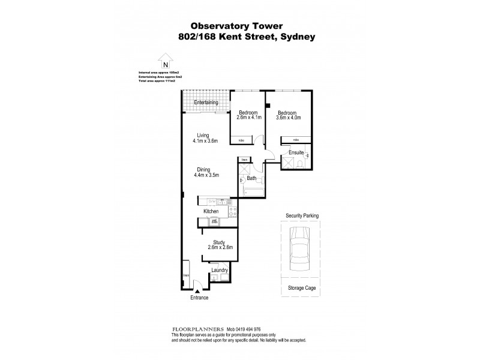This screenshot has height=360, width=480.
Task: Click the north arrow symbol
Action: pos(164,62)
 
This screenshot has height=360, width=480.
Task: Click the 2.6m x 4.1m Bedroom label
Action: pos(248,118)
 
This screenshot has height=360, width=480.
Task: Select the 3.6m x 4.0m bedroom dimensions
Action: pos(289,118)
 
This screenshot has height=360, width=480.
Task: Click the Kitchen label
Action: pos(211,212)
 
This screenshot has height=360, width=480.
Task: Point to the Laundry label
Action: pos(219,270)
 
